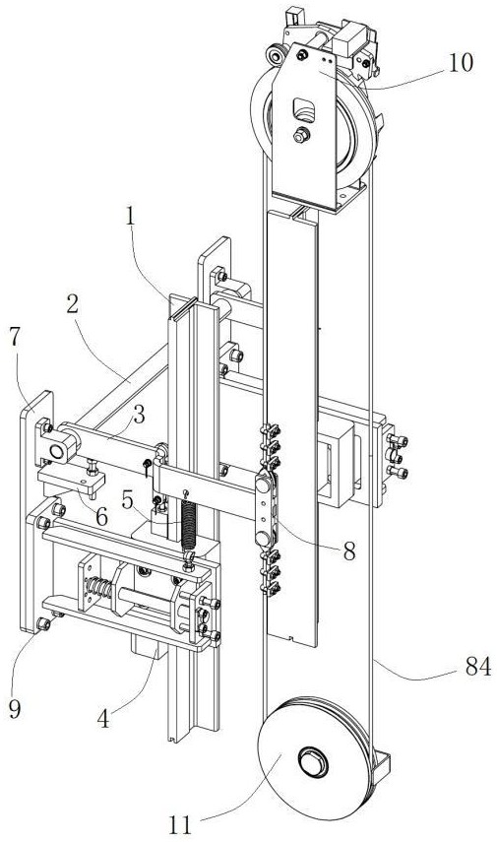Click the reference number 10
tap(461, 63)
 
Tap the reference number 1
tap(129, 216)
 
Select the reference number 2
tap(72, 305)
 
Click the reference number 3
tap(139, 415)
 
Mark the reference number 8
tap(349, 551)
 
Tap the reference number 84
tap(478, 667)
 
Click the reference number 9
tap(15, 709)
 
